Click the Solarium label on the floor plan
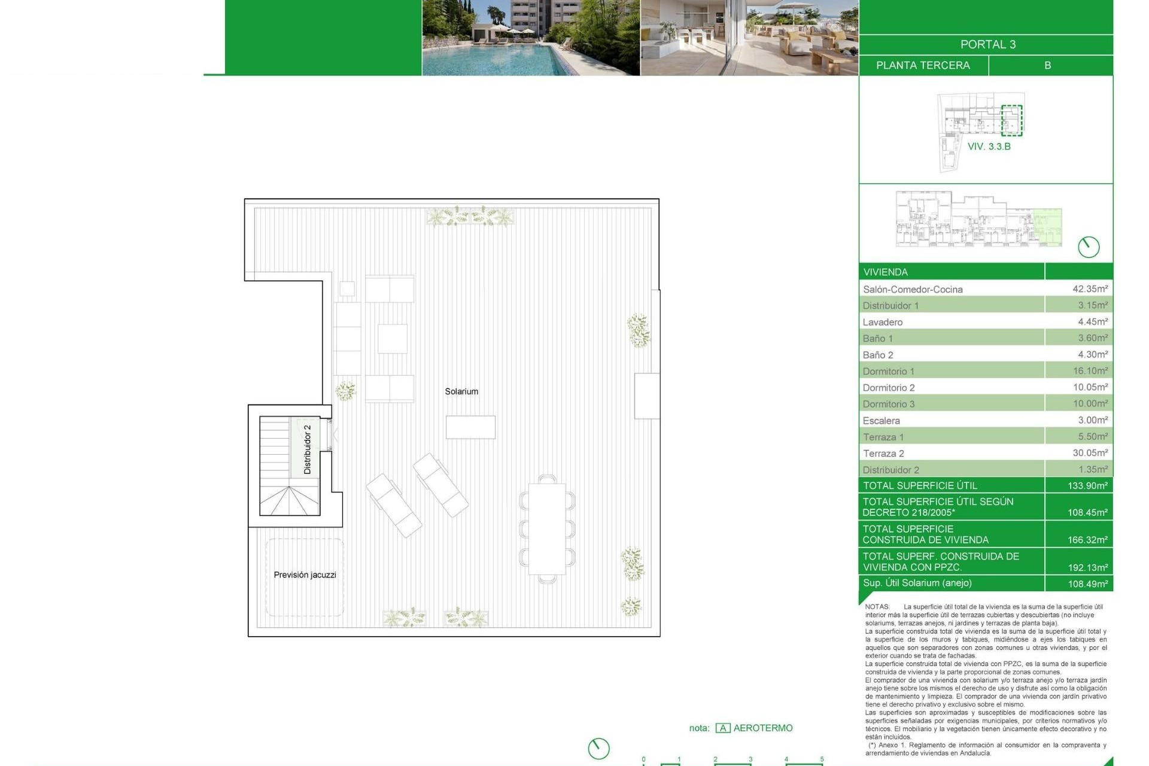[461, 391]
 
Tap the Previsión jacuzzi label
[305, 574]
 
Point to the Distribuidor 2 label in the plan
[308, 449]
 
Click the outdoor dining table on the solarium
[547, 529]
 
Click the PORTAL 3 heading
[987, 44]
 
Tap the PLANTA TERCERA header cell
[923, 65]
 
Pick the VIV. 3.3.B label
[989, 147]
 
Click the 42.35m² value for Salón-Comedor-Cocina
[1090, 289]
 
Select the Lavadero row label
[883, 322]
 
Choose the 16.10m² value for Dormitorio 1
[1090, 371]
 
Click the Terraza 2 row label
[883, 454]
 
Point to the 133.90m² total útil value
[1087, 485]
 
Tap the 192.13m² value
[1087, 567]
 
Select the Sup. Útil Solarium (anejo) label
[917, 583]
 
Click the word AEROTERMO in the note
[763, 728]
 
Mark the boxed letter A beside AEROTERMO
[723, 728]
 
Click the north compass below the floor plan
[598, 748]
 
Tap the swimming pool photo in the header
[531, 38]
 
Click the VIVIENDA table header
[886, 272]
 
